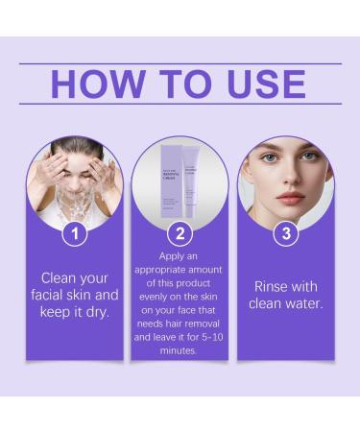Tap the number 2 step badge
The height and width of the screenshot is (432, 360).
click(180, 233)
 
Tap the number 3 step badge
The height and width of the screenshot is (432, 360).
click(284, 233)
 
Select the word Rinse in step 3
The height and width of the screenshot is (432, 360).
click(273, 286)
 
